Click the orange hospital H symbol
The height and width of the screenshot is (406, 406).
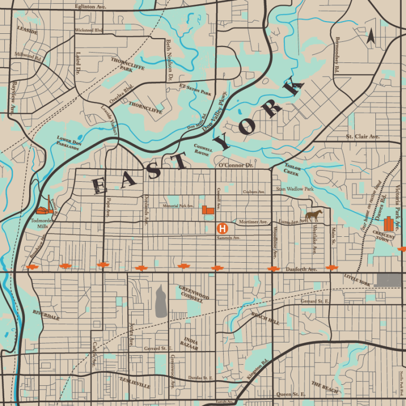[x=223, y=228]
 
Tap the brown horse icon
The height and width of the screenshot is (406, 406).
[x=313, y=215]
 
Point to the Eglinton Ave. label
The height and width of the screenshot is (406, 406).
[x=91, y=7]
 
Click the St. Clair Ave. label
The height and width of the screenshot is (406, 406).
[x=363, y=136]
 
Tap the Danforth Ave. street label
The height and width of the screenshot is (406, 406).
[x=301, y=269]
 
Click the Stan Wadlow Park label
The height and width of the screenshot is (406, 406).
[x=294, y=189]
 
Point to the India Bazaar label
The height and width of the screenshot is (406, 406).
[x=191, y=344]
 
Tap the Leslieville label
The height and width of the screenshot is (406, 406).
[x=134, y=383]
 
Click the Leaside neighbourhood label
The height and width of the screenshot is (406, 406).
[x=27, y=31]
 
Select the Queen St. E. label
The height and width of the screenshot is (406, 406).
[x=291, y=394]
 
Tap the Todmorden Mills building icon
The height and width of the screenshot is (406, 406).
[x=46, y=207]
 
